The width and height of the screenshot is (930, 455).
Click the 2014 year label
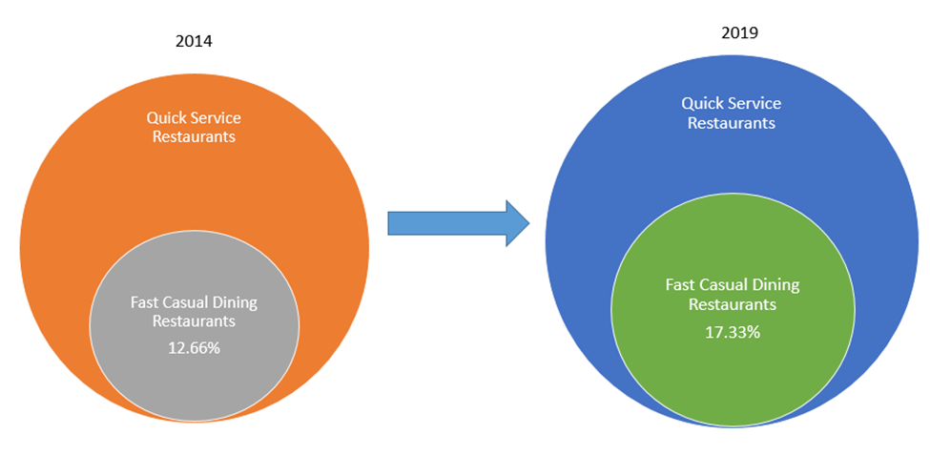tap(194, 41)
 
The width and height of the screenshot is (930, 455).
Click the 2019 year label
tap(739, 32)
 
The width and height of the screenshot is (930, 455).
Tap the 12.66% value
tap(194, 347)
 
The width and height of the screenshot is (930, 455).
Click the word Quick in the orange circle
tap(166, 117)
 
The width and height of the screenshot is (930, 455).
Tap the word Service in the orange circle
tap(216, 117)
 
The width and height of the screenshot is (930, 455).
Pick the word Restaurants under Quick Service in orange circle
tap(194, 136)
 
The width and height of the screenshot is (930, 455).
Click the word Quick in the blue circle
tap(704, 103)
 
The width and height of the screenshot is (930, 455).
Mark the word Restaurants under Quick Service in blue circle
tap(732, 122)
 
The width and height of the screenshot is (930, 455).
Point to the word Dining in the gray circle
tap(237, 302)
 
